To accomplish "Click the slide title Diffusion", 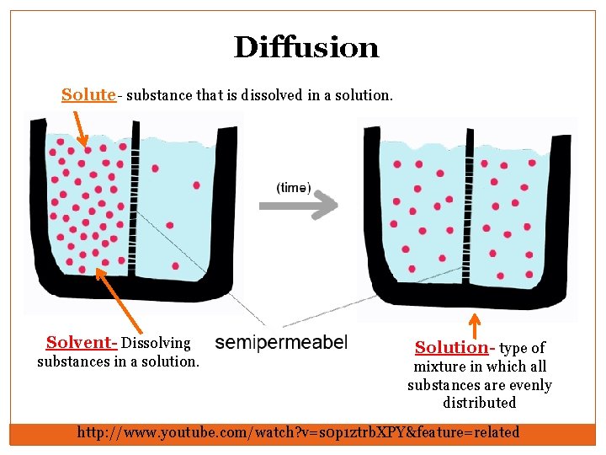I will click(306, 47).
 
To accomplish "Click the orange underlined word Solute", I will click(88, 94).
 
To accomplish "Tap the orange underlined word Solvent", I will click(80, 343).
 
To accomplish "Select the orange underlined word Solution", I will click(451, 347).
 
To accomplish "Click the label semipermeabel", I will click(281, 342).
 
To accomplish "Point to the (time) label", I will click(294, 188).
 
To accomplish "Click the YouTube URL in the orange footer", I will click(299, 432).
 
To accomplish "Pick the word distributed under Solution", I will click(480, 403).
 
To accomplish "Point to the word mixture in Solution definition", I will click(438, 367).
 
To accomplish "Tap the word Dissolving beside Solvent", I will click(157, 343).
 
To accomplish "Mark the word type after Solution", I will click(513, 348).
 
